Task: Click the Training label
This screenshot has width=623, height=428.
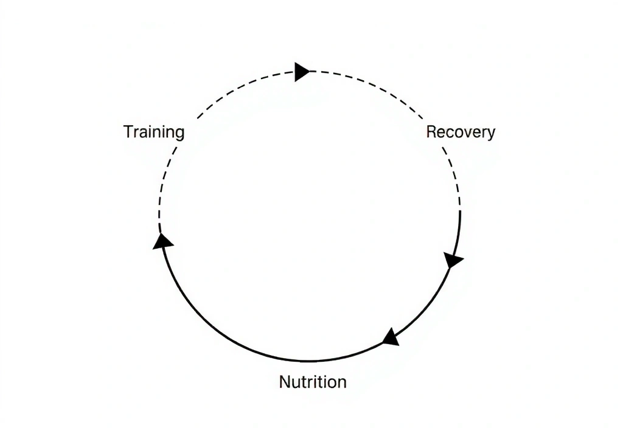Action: pos(154,132)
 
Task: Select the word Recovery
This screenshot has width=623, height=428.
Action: pos(461,132)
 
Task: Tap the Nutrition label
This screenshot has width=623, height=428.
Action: pos(313,382)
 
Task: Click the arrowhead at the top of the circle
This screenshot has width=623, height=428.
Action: pos(301,72)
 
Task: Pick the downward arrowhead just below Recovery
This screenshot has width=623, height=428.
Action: pos(453,260)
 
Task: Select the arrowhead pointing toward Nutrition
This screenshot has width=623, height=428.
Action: pos(391,337)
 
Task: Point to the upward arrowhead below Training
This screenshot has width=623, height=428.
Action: pos(162,241)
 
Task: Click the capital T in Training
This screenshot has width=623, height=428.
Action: pos(128,131)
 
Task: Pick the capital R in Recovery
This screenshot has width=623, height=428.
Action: pos(431,131)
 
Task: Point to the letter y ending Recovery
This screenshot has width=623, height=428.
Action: pos(491,134)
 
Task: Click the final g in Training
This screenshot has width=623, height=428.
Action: pos(179,134)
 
